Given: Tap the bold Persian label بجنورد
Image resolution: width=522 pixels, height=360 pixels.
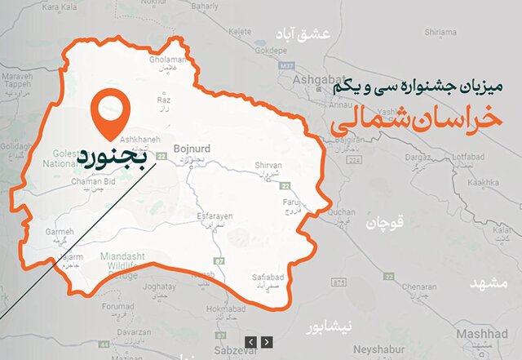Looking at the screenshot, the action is pos(113,153).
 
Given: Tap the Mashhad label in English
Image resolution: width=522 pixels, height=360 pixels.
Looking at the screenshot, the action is pos(481,335).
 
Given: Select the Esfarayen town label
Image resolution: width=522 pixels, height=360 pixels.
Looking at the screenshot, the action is pos(215,215).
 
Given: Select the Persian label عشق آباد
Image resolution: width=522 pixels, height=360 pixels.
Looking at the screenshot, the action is pos(325,33).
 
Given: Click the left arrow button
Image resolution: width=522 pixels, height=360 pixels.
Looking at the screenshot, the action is pos(251,341).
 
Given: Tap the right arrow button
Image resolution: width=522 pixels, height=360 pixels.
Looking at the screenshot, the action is pos(267,341).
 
